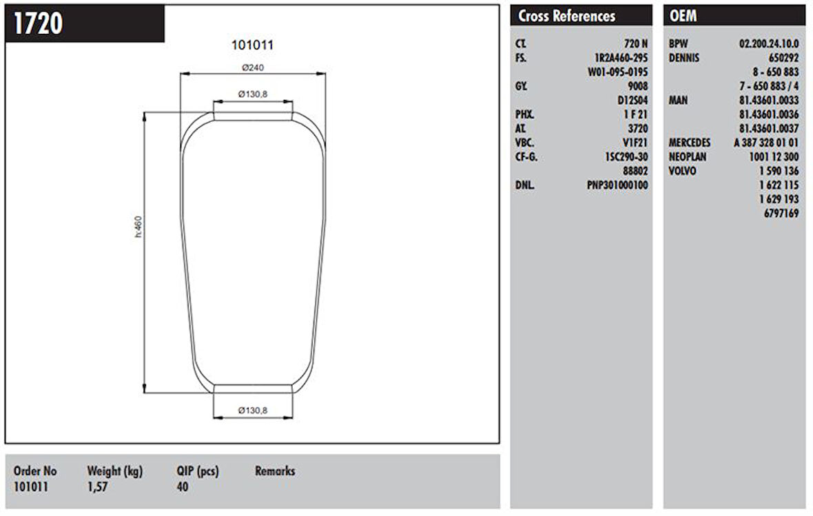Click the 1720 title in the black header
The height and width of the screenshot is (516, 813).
(x=38, y=23)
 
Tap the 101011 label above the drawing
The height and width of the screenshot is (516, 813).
(x=252, y=45)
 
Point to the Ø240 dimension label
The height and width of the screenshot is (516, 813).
(x=253, y=68)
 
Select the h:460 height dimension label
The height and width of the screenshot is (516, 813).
(x=138, y=227)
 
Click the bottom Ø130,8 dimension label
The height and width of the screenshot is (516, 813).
(x=253, y=410)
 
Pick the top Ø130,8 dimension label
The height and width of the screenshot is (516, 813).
(x=253, y=94)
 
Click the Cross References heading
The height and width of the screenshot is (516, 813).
(x=567, y=16)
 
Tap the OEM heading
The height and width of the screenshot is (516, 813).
(x=683, y=16)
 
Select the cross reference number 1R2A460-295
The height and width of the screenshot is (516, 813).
(x=621, y=58)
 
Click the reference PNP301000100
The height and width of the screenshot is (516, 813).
(x=617, y=185)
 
